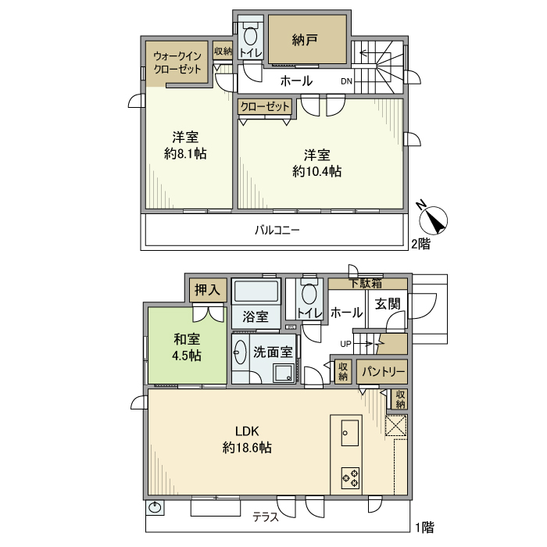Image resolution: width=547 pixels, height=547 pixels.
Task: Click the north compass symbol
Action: (x=433, y=219)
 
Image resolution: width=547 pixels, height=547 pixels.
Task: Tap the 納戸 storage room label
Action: (x=305, y=40)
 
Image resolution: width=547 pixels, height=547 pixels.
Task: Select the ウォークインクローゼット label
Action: (x=177, y=63)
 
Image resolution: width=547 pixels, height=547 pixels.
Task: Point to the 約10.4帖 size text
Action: (x=316, y=171)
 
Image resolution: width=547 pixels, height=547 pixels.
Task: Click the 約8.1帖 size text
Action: (x=185, y=153)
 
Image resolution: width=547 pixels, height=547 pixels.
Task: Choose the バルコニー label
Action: (x=277, y=230)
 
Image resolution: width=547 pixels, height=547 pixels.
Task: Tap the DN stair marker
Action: (x=346, y=81)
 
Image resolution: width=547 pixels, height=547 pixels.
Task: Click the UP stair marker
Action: (x=345, y=344)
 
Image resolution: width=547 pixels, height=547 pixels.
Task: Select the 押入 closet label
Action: (x=208, y=290)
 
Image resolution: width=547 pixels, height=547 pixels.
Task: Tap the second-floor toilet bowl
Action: (x=250, y=35)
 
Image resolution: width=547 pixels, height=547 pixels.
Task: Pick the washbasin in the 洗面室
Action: (x=240, y=352)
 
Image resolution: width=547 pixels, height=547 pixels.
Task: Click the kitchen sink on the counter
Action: (x=349, y=433)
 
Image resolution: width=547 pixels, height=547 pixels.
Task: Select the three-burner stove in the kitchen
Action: (x=350, y=478)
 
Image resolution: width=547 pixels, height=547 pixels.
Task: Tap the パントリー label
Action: (x=383, y=371)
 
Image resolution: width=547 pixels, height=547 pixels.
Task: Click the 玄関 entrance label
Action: (x=388, y=304)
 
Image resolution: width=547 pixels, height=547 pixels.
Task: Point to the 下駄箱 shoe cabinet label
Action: (x=366, y=283)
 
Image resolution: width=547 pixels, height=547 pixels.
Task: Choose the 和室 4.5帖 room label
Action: (x=187, y=347)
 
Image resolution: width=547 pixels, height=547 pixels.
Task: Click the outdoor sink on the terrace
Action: (x=155, y=508)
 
